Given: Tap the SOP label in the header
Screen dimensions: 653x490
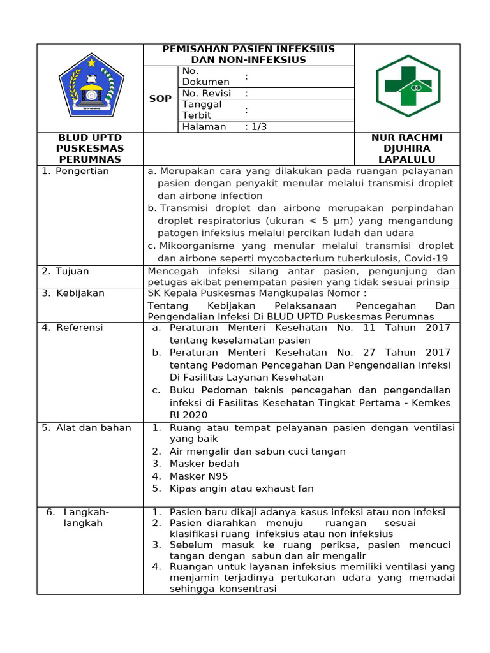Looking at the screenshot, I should [160, 99].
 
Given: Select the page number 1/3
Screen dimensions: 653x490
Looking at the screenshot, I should [258, 126].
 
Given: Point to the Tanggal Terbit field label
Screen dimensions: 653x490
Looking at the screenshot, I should [202, 110].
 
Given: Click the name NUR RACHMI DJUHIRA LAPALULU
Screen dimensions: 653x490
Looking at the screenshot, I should [406, 149].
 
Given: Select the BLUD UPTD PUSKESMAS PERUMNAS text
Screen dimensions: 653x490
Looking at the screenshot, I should [90, 149].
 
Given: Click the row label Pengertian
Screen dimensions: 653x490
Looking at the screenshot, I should [82, 171].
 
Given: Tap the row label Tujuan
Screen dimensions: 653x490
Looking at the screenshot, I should [72, 271].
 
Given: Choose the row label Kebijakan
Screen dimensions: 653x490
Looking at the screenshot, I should [80, 293].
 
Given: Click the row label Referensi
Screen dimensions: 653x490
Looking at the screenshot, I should [79, 328].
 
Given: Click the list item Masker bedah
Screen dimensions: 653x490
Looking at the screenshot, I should [204, 464].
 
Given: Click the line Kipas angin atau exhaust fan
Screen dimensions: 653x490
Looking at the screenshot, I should [241, 488].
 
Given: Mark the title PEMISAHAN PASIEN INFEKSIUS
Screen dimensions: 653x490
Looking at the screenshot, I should [248, 49].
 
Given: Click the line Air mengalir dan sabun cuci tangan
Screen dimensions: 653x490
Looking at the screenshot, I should [257, 451].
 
